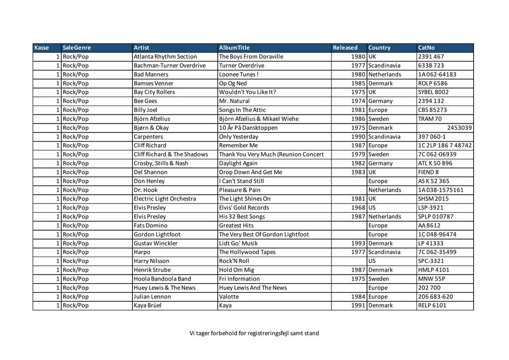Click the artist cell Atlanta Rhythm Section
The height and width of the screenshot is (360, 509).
coord(165,57)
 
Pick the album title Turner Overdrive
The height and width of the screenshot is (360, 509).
coord(241,66)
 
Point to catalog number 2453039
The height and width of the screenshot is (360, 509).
coord(459,128)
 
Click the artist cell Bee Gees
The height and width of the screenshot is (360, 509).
coord(145,101)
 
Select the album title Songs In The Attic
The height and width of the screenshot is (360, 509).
coord(242,110)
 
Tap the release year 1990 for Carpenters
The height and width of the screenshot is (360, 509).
coord(358,137)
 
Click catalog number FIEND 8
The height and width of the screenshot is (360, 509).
coord(428,172)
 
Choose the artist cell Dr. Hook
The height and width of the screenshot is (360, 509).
coord(145,190)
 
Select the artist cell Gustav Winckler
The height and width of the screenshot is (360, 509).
coord(155,243)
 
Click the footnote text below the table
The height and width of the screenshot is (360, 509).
coord(254,333)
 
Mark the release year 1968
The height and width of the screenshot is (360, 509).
coord(358,207)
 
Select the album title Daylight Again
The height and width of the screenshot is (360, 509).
coord(238,163)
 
